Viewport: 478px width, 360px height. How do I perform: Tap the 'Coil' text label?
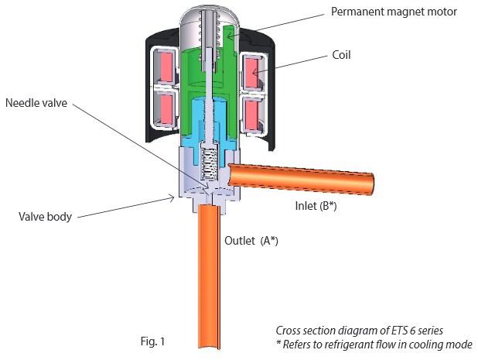(x=342, y=54)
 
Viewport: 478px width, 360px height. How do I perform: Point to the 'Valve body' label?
(x=45, y=217)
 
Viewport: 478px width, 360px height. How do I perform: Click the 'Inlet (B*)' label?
(x=316, y=207)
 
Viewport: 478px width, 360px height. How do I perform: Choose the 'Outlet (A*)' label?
(x=251, y=241)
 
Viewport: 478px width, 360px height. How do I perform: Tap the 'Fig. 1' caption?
(x=149, y=340)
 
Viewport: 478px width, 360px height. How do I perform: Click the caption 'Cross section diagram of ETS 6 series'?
(x=359, y=331)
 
